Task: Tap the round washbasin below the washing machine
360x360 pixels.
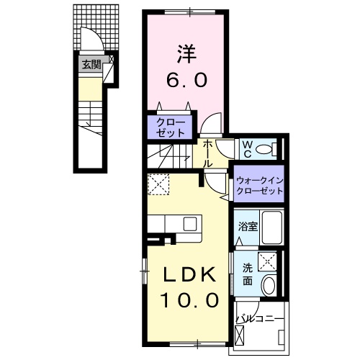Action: (269, 284)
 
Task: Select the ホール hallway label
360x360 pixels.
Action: (207, 153)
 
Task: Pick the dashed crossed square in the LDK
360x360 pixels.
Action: (158, 185)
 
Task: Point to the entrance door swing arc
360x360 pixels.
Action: (88, 40)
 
